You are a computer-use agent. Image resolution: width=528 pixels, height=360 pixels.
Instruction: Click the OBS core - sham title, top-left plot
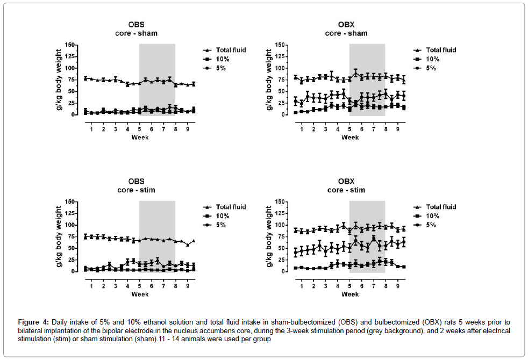point(135,28)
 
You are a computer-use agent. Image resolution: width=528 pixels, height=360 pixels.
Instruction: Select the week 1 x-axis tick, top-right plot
point(302,129)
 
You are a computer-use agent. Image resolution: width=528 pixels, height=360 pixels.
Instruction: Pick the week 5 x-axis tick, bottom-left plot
point(140,286)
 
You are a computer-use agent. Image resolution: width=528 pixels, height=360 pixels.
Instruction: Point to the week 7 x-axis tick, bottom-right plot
point(374,286)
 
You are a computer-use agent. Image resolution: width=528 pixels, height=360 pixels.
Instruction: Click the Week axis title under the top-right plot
point(350,138)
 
